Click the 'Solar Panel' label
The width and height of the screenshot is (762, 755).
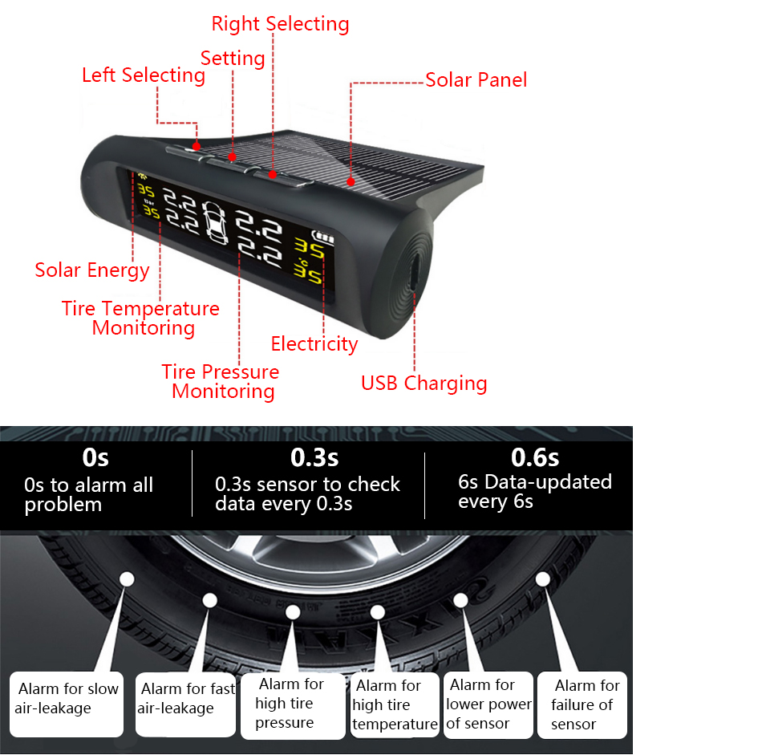[476, 79]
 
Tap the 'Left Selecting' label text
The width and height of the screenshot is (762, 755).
[144, 75]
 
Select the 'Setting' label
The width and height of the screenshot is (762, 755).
[233, 59]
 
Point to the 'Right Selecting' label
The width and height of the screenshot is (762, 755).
[280, 24]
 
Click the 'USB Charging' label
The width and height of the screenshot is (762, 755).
[424, 383]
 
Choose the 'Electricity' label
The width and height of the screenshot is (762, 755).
[314, 344]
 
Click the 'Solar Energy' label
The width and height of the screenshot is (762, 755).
[92, 270]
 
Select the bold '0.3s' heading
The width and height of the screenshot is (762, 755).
[314, 457]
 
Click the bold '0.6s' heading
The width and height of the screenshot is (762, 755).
[535, 457]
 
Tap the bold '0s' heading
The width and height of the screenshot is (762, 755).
[95, 457]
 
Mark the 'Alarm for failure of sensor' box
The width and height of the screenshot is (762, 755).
[582, 705]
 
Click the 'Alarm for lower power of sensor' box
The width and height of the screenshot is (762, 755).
[488, 704]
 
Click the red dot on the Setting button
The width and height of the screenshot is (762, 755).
[233, 157]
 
